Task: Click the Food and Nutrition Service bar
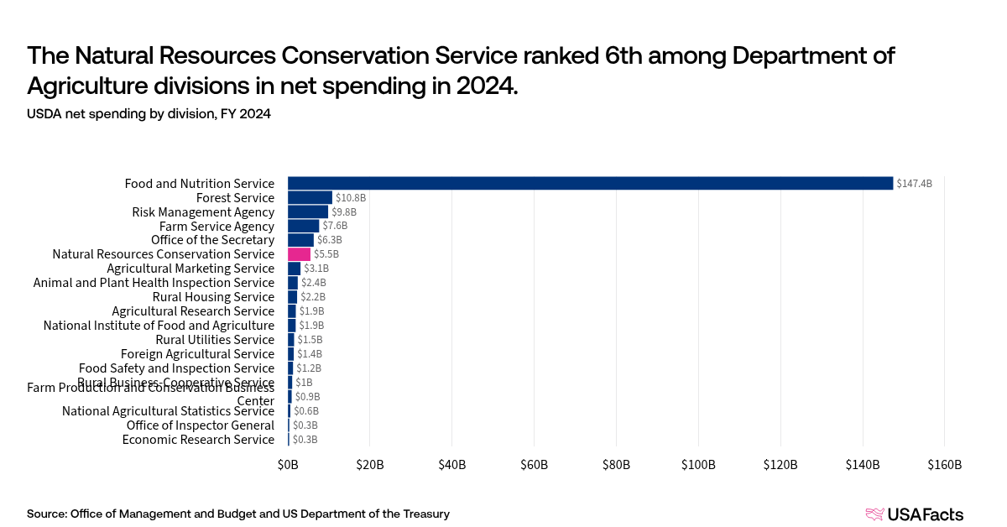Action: [590, 183]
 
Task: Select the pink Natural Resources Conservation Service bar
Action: [299, 254]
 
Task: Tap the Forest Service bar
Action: [310, 197]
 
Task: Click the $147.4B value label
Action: [914, 183]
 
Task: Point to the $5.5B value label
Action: [326, 254]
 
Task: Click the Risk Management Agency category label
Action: [203, 212]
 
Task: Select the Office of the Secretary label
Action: [212, 240]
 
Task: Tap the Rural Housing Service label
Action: [213, 297]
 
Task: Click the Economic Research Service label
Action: [198, 440]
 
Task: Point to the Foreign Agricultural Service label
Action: [197, 354]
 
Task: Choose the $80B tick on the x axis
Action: [616, 465]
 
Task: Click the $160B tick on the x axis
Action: [944, 465]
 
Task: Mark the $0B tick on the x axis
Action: [288, 465]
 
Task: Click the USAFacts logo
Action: [914, 514]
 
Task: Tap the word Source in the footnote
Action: [46, 514]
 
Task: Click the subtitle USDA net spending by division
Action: [149, 114]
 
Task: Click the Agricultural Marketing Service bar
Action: [294, 269]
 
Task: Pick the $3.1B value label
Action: [316, 269]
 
